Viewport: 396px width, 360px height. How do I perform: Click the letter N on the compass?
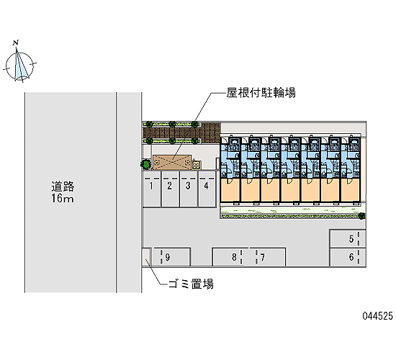point(16,42)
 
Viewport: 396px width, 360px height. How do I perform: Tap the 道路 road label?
point(63,186)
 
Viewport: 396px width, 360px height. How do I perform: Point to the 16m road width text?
point(63,198)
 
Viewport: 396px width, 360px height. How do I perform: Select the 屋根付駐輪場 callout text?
point(261,93)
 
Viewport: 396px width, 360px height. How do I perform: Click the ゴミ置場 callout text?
point(191,284)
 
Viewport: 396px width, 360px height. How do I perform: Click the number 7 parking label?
point(263,258)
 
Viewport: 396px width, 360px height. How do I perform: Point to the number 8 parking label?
point(234,257)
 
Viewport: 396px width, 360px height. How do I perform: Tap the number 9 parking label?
point(168,258)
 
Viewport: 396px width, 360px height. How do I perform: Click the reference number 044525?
point(378,316)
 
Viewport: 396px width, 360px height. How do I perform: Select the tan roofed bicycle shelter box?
point(172,163)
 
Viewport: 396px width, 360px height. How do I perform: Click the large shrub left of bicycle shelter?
point(146,164)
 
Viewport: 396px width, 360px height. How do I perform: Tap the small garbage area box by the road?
point(146,257)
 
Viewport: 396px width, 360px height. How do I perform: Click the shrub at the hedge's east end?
point(362,216)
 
